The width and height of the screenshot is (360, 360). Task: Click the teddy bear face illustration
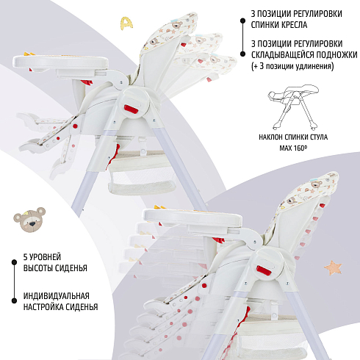(29, 220)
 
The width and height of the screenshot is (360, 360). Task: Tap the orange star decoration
(333, 267)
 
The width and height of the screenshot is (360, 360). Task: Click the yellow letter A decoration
(126, 24)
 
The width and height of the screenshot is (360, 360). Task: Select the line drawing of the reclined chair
(293, 107)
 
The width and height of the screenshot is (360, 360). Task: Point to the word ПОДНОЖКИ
(336, 54)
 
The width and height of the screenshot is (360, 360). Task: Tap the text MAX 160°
(293, 148)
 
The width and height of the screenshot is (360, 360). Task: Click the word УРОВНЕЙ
(45, 257)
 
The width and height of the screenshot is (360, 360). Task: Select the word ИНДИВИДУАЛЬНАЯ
(57, 296)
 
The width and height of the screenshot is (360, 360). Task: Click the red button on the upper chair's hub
(132, 109)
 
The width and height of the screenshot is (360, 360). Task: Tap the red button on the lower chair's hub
(264, 270)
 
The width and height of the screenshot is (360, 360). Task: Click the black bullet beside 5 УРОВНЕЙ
(14, 262)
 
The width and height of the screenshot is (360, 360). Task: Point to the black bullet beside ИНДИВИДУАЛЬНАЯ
(14, 300)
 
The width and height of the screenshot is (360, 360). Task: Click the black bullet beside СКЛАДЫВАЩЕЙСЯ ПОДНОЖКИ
(242, 54)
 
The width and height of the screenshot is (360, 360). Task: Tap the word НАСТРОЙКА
(42, 307)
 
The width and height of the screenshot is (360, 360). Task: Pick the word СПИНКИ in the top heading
(264, 25)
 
